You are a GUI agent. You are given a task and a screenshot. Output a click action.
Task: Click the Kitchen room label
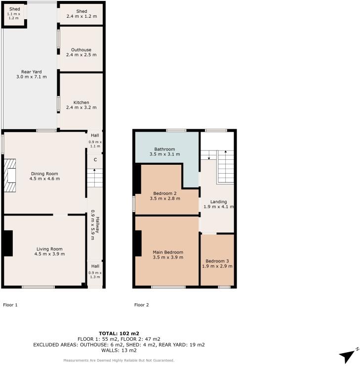point(81,103)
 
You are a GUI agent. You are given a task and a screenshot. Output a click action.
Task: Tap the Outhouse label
point(81,50)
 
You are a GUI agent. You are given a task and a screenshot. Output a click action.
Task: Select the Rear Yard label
point(31,72)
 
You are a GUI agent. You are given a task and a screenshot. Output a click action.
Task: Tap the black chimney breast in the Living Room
point(8,243)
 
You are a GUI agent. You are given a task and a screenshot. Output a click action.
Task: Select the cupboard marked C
point(95,160)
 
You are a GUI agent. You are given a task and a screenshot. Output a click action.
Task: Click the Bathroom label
point(164,149)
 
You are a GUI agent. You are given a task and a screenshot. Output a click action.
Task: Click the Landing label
point(218,202)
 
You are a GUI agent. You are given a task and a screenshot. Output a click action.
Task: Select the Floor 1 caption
point(10,305)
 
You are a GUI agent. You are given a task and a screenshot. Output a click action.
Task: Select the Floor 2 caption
point(141,305)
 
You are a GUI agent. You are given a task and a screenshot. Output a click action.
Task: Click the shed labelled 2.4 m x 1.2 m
point(81,14)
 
